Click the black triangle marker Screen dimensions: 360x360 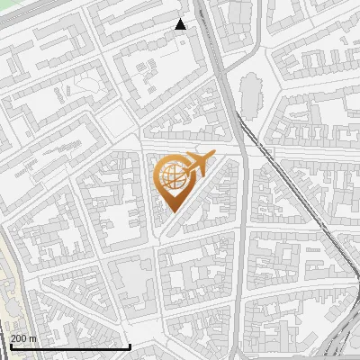coord(181,24)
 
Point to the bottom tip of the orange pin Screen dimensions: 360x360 coord(171,212)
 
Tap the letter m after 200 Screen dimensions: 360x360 coord(33,338)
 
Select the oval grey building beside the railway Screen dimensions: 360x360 coord(250,88)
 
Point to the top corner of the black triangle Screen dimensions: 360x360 coord(181,19)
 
